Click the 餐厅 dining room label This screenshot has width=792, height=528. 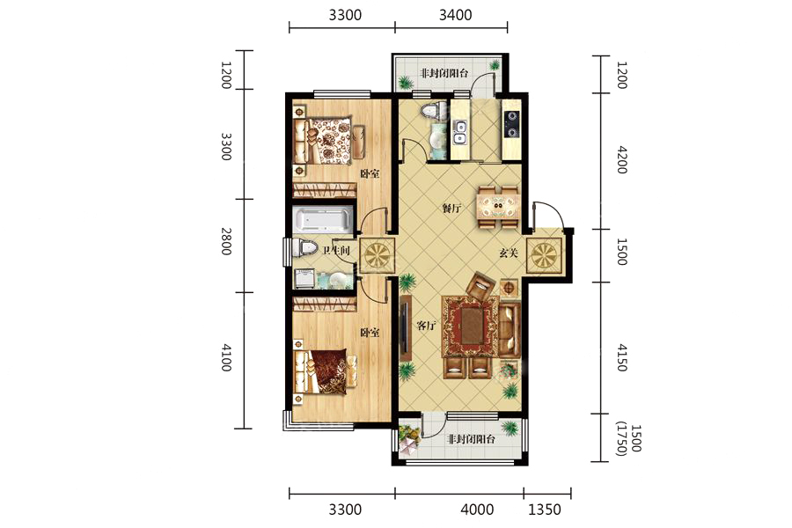tap(451, 208)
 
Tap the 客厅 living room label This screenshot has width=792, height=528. tap(426, 326)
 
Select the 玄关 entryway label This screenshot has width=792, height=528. tap(509, 253)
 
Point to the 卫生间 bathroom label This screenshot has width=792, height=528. tap(336, 250)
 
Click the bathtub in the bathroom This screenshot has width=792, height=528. tap(323, 220)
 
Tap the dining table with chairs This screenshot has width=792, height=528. tap(498, 207)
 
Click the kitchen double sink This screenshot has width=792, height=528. tap(459, 132)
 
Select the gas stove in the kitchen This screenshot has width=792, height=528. tap(511, 124)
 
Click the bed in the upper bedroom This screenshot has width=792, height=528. tap(326, 141)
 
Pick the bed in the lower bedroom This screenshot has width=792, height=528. tap(326, 372)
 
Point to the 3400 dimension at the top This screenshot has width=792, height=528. tap(455, 15)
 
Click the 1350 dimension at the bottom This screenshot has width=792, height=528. tap(545, 509)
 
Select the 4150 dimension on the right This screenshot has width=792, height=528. tap(622, 358)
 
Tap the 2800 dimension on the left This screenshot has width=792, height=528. tap(226, 241)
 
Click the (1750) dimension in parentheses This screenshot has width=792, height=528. tap(622, 439)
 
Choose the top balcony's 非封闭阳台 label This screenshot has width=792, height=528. tap(444, 73)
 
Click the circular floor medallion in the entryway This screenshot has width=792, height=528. tap(545, 254)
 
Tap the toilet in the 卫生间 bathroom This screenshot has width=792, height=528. tap(306, 247)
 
